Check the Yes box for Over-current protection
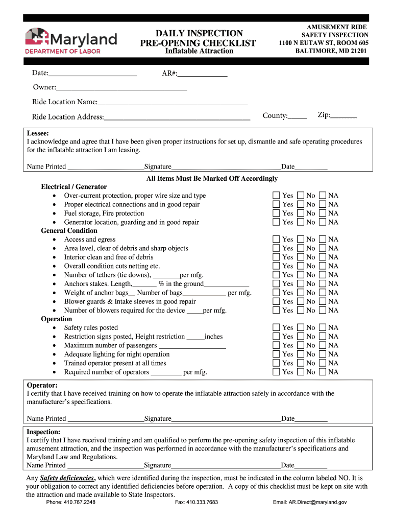tap(276, 196)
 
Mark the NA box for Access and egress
tap(323, 240)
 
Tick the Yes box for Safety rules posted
tap(276, 328)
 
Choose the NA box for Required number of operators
tap(323, 372)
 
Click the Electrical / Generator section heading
tap(74, 187)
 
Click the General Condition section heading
tap(69, 231)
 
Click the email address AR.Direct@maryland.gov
tap(310, 503)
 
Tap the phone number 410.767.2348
tap(70, 503)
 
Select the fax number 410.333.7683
tap(196, 503)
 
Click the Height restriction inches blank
tap(195, 337)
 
